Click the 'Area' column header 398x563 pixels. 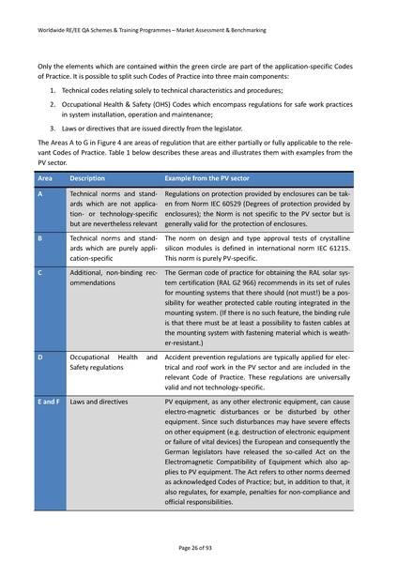[x=46, y=176]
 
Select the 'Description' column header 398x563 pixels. [x=93, y=176]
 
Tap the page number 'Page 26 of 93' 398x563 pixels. [x=198, y=545]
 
